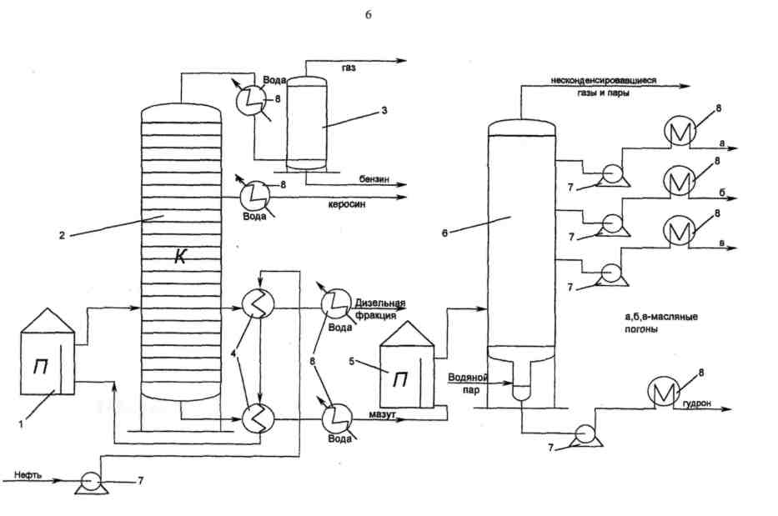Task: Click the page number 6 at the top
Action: coord(368,18)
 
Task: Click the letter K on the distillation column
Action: coord(180,258)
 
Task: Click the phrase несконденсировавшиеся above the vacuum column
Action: coord(603,81)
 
